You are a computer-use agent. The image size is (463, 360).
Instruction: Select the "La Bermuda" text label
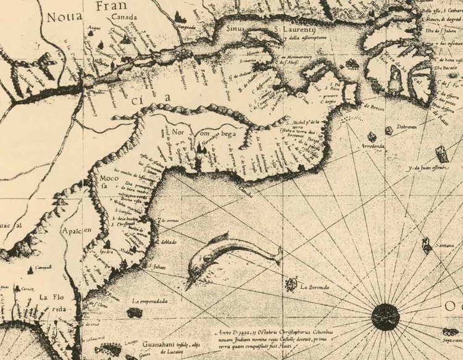point(314,287)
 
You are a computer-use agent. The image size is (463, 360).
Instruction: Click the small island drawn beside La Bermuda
point(290,284)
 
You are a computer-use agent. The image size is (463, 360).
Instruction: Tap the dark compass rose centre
point(386,317)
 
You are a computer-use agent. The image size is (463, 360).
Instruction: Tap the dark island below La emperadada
point(135,312)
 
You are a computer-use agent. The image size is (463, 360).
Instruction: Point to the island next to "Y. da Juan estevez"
point(442,153)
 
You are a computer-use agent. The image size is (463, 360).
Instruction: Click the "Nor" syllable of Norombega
point(178,133)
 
